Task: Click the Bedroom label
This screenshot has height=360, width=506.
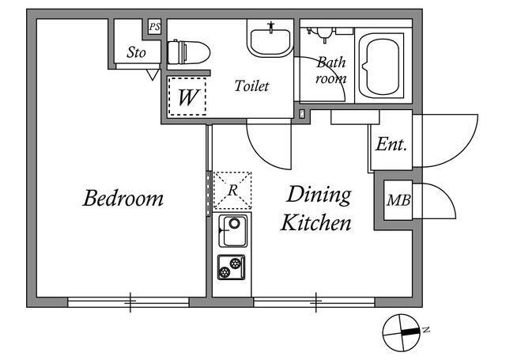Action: [123, 198]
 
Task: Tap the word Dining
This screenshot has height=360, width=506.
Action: [319, 195]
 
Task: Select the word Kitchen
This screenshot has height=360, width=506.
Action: [316, 222]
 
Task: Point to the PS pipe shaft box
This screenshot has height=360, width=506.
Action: [155, 27]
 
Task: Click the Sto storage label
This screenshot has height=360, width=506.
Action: [136, 52]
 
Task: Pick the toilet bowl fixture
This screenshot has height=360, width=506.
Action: [188, 52]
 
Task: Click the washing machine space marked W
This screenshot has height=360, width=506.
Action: [187, 97]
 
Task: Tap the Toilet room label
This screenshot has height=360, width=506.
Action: [251, 86]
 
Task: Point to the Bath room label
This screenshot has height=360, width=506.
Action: [331, 70]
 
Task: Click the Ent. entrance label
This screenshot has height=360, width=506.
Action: [391, 144]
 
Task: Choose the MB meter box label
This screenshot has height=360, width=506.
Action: [398, 200]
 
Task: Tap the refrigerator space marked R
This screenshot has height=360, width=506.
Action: [232, 191]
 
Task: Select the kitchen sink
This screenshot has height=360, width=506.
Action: [232, 231]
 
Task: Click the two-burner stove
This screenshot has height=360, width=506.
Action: [232, 267]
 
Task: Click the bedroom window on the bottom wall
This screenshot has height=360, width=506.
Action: [128, 302]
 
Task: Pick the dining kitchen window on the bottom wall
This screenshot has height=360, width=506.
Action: [315, 302]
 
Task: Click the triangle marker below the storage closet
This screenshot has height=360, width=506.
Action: [153, 75]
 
